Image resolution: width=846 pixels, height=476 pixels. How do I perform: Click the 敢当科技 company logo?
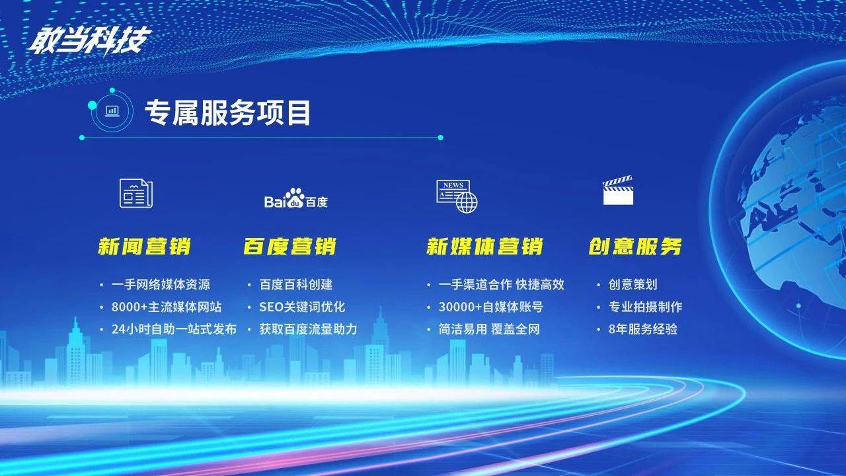click(90, 40)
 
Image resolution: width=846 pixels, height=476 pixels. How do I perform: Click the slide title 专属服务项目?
click(228, 112)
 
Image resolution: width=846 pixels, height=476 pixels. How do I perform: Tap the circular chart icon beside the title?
click(112, 111)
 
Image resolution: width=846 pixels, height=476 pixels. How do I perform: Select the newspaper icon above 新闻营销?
click(136, 193)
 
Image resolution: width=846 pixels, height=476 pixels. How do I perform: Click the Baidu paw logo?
click(295, 198)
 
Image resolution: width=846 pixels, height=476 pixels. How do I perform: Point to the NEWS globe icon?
click(457, 196)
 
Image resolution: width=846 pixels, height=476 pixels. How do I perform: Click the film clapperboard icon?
click(618, 190)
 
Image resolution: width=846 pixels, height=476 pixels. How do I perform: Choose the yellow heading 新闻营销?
click(144, 247)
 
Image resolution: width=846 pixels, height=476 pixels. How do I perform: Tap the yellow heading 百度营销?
click(289, 247)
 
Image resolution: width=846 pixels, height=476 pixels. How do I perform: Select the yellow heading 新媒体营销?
click(484, 247)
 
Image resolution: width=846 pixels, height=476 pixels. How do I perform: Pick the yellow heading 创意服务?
click(635, 247)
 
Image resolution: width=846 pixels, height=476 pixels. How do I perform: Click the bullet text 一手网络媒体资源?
click(161, 284)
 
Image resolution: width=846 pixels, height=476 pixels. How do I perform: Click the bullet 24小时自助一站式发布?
click(174, 329)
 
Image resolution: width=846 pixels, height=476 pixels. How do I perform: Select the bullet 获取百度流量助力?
click(308, 329)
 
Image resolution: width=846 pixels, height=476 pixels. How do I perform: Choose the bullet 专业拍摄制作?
click(646, 307)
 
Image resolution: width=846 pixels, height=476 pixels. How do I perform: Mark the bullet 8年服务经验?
click(643, 329)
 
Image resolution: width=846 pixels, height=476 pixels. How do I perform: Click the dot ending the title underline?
click(440, 138)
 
